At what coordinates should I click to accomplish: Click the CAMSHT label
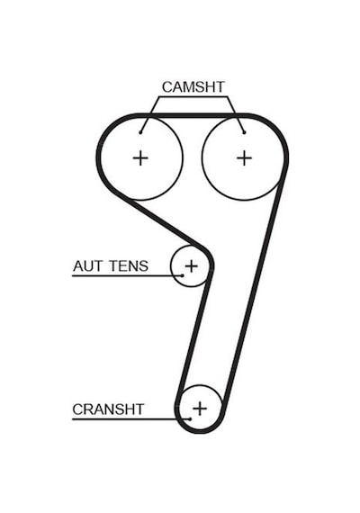click(x=193, y=87)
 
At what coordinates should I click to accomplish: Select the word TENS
click(x=129, y=266)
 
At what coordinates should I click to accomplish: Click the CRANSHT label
click(x=108, y=409)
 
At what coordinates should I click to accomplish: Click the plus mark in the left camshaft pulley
click(x=140, y=158)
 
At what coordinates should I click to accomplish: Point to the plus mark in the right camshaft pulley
click(x=244, y=158)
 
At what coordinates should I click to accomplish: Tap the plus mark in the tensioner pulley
click(x=192, y=265)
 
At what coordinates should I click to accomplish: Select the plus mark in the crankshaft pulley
click(x=200, y=409)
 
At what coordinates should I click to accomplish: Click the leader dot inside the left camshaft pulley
click(x=140, y=132)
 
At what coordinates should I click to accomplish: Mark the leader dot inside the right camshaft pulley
click(x=244, y=132)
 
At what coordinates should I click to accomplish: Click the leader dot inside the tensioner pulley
click(x=183, y=275)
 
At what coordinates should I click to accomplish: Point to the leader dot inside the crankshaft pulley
click(x=190, y=418)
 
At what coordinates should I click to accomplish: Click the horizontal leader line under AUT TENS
click(x=127, y=275)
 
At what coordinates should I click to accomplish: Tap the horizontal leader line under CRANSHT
click(x=130, y=418)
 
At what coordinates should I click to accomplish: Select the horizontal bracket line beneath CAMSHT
click(x=193, y=97)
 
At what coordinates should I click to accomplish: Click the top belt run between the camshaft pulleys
click(x=193, y=115)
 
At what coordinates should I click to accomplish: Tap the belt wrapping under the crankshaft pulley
click(x=200, y=431)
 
